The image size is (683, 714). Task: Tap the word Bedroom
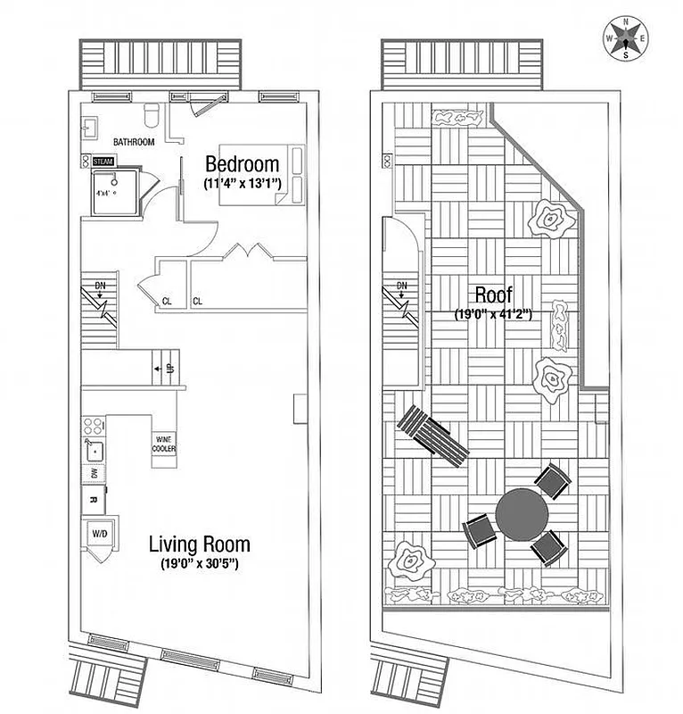tap(242, 165)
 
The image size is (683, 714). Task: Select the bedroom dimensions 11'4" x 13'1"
tap(242, 183)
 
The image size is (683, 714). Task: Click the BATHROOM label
tap(134, 143)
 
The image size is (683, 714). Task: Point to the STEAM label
tap(103, 161)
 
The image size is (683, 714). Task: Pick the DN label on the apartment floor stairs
tap(100, 287)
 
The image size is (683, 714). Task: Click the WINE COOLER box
tap(164, 444)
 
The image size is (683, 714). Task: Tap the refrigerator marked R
tap(93, 501)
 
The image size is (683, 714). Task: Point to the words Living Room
tap(199, 544)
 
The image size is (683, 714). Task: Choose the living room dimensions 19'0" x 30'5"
tap(199, 564)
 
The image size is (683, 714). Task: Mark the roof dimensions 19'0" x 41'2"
tap(493, 314)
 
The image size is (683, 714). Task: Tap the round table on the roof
tap(522, 511)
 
